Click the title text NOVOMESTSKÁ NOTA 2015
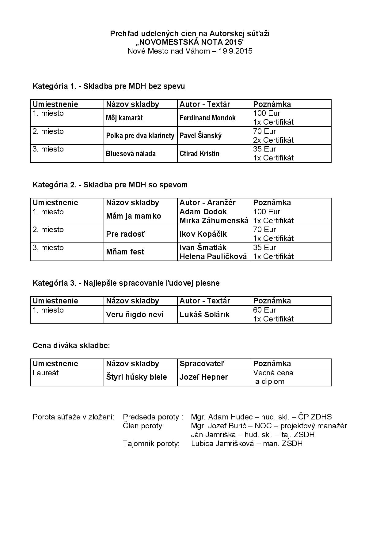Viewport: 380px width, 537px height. click(190, 42)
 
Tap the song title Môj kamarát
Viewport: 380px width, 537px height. click(124, 118)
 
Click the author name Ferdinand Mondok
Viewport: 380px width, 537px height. click(207, 118)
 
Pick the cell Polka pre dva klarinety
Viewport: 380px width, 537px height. click(140, 136)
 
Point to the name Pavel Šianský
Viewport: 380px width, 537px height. click(200, 136)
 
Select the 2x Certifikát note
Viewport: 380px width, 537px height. click(273, 140)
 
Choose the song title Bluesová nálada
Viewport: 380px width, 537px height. click(131, 154)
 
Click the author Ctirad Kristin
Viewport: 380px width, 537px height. click(199, 154)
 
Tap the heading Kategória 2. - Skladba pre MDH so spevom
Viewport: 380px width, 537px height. click(110, 185)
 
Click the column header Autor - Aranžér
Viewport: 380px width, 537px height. click(207, 203)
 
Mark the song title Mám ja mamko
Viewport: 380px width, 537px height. click(133, 216)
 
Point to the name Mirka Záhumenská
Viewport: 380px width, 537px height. click(214, 221)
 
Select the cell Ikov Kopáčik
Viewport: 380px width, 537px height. click(203, 234)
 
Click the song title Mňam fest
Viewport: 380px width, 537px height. click(125, 252)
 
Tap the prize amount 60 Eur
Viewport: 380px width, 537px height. click(264, 310)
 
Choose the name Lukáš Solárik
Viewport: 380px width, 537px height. click(204, 315)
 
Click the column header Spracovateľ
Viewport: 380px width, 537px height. click(202, 364)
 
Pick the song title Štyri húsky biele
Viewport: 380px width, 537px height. click(136, 377)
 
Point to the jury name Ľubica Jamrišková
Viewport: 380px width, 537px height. click(222, 444)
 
